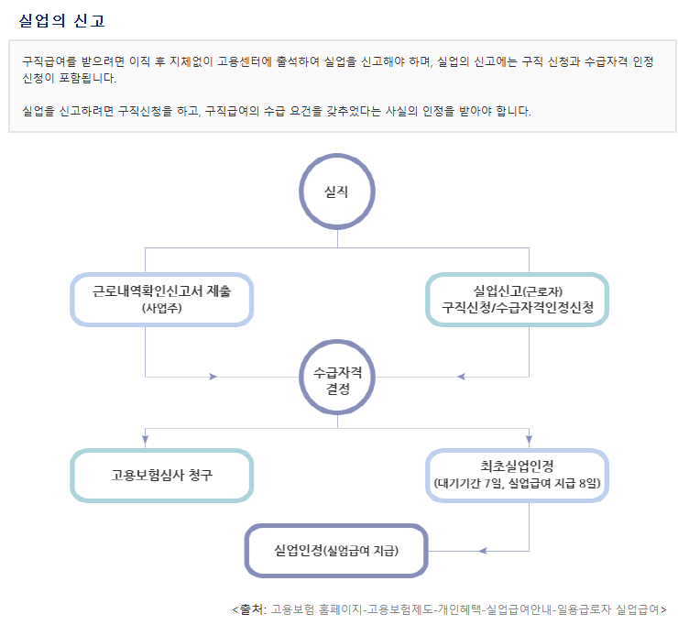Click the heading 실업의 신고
click(61, 19)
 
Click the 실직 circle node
click(337, 191)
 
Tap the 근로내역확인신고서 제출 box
click(162, 299)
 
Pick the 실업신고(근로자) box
click(518, 299)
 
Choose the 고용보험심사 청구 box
click(162, 476)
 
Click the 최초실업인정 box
click(518, 475)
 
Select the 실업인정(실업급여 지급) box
click(337, 551)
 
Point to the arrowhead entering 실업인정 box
click(481, 551)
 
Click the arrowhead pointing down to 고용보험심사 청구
click(146, 438)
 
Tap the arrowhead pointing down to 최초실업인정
click(530, 438)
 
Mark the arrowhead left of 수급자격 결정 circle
click(213, 377)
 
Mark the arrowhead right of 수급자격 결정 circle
click(462, 377)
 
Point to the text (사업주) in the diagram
click(162, 308)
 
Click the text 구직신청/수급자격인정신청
click(518, 308)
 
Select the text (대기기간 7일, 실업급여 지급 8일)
click(518, 483)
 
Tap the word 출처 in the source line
click(252, 609)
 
